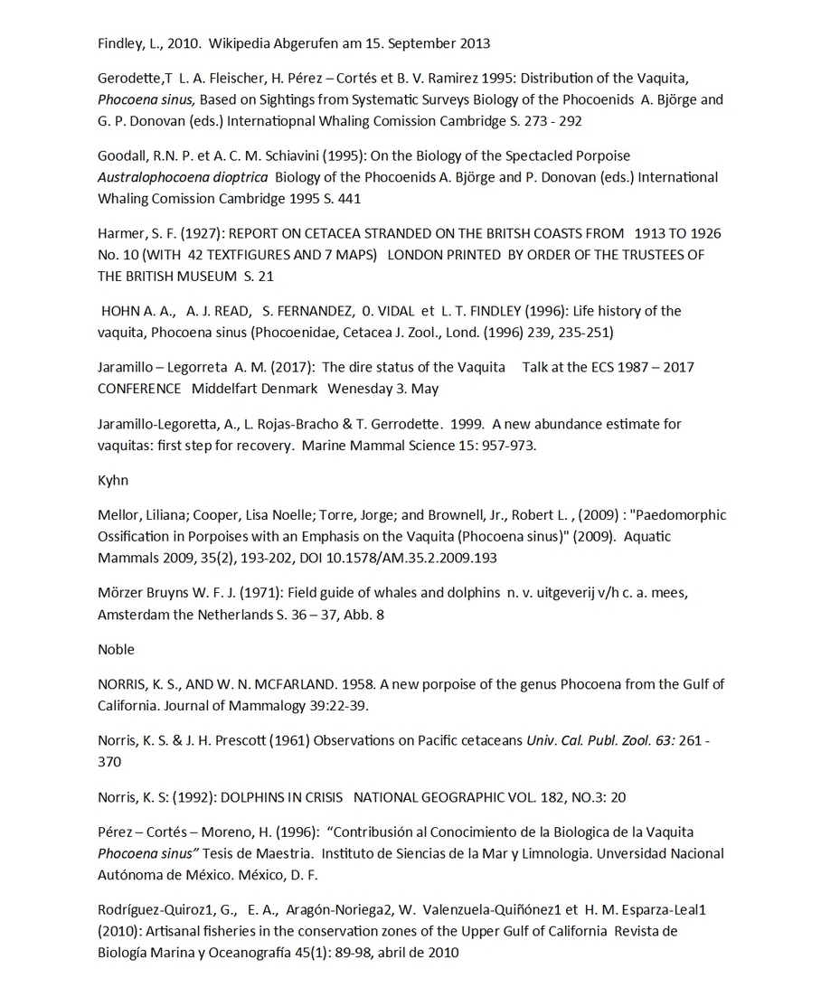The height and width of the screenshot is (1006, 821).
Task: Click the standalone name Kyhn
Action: point(113,480)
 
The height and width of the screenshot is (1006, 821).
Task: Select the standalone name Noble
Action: point(116,649)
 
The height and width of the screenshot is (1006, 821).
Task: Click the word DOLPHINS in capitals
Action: point(260,797)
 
